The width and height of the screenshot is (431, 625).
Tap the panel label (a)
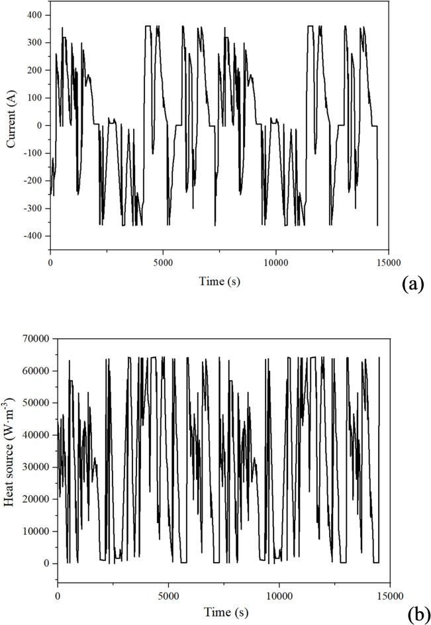pyautogui.click(x=411, y=284)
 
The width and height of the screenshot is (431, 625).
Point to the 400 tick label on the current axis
pyautogui.click(x=34, y=15)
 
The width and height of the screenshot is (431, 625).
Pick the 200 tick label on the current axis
pyautogui.click(x=34, y=70)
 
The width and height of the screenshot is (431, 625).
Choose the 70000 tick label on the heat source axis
pyautogui.click(x=37, y=338)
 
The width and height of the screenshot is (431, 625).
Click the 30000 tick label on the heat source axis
pyautogui.click(x=37, y=467)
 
